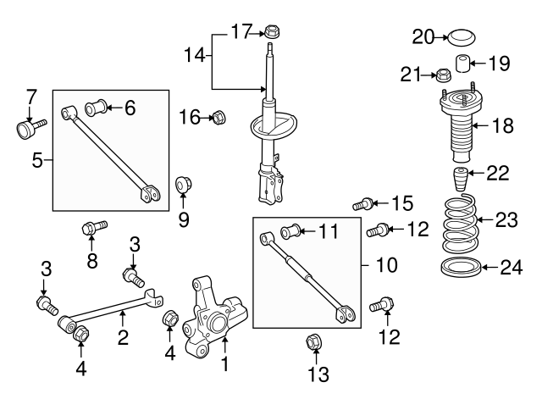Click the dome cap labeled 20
(462, 37)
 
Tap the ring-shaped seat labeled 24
(462, 270)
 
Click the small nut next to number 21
(444, 76)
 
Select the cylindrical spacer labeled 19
(463, 64)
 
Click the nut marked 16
(216, 116)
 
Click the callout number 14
(194, 56)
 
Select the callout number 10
(385, 265)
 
